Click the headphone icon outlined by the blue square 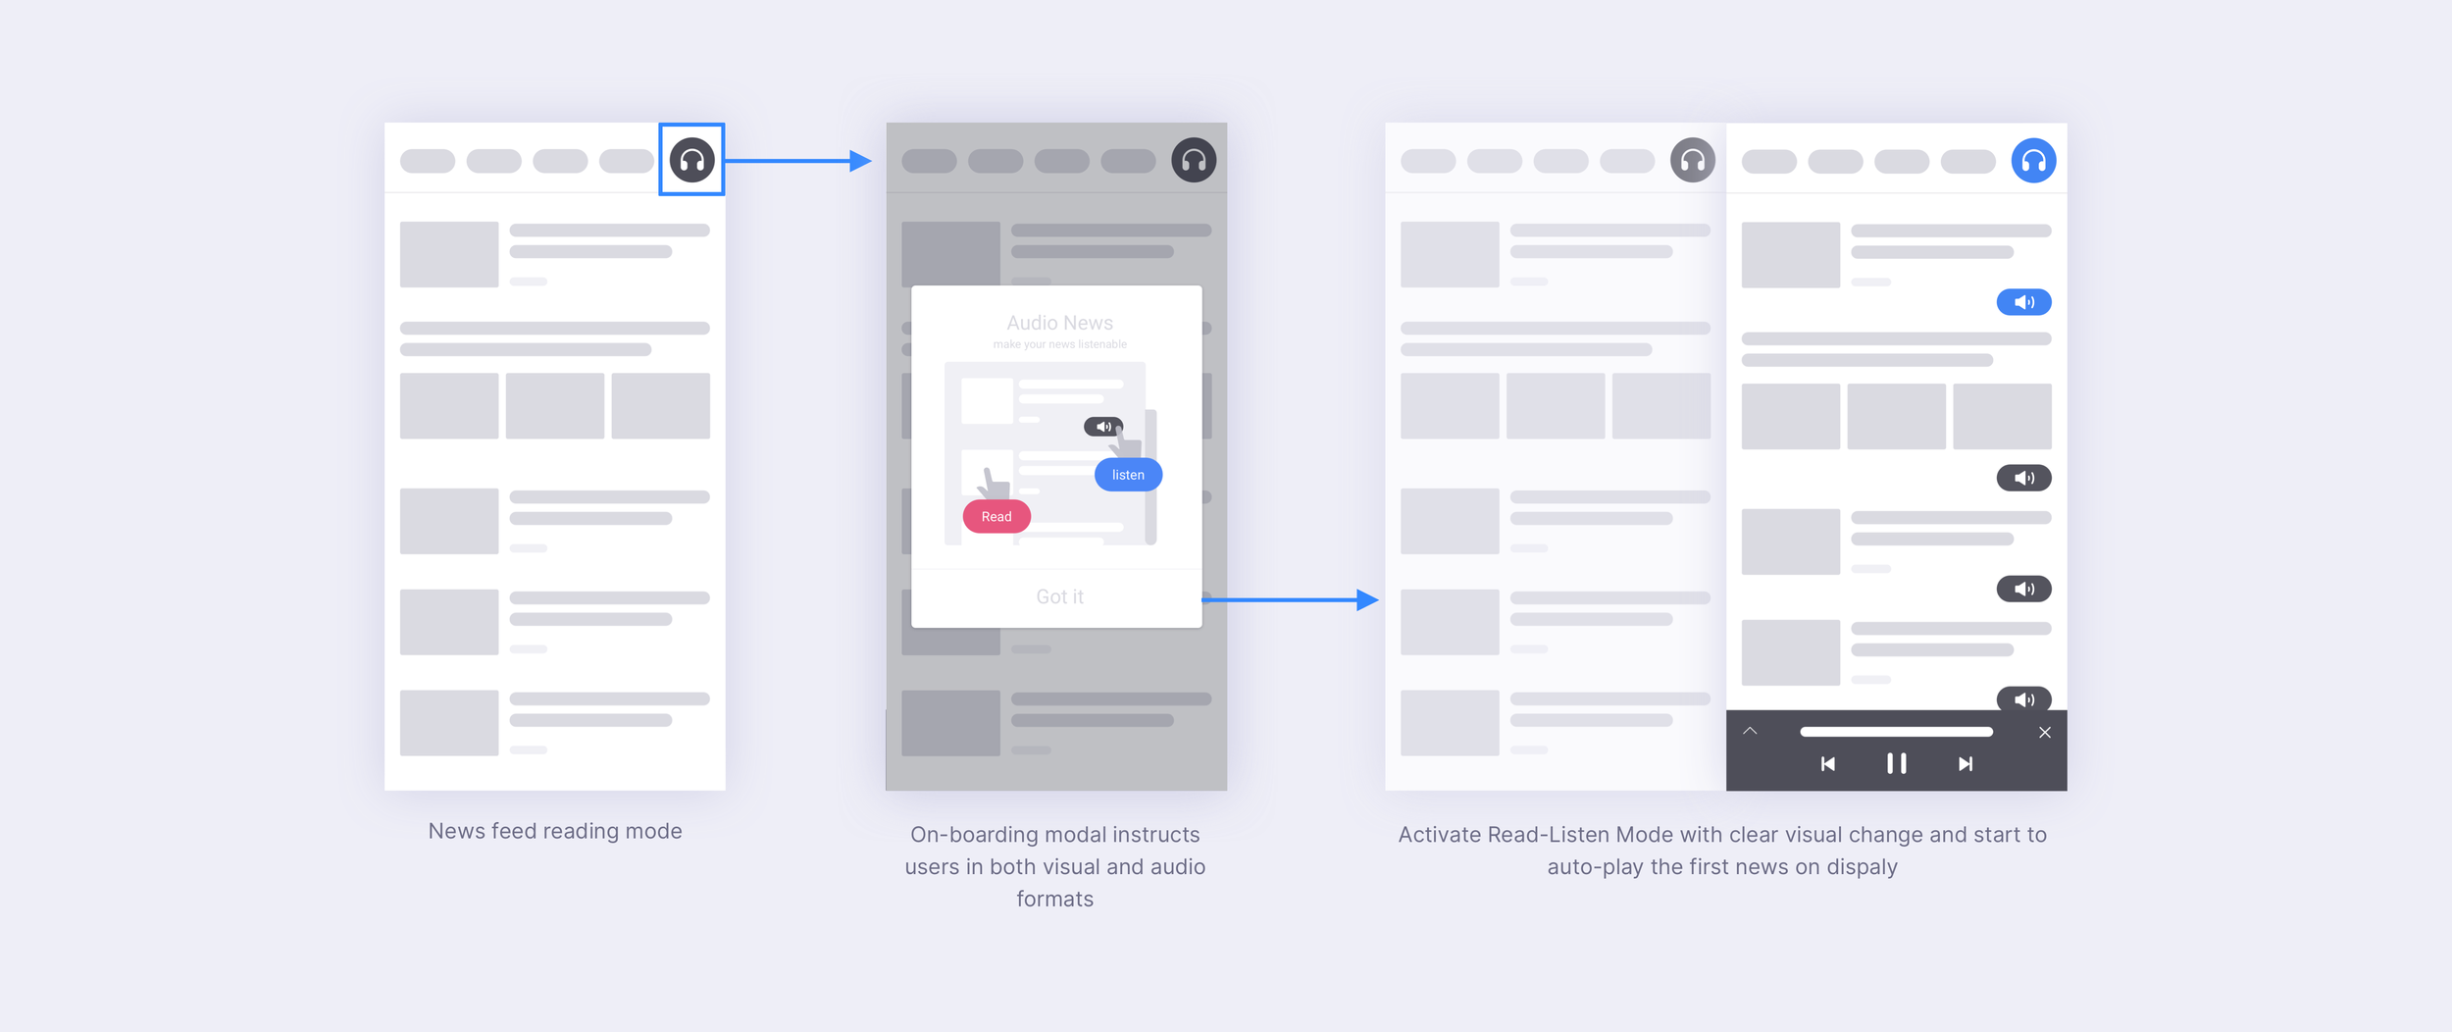pos(691,160)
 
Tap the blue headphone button pos(2033,160)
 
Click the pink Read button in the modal pos(996,517)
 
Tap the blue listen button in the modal pos(1128,475)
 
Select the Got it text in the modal pos(1059,596)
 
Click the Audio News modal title pos(1059,323)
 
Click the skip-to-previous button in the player pos(1828,764)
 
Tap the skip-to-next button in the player pos(1966,764)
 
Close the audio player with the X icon pos(2045,733)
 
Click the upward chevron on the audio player pos(1750,732)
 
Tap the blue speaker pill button pos(2023,302)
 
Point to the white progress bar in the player pos(1896,732)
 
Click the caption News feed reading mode pos(555,831)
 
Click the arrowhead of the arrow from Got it pos(1367,599)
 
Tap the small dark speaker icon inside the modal pos(1103,427)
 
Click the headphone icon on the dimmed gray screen pos(1194,160)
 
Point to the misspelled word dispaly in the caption pos(1862,867)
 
